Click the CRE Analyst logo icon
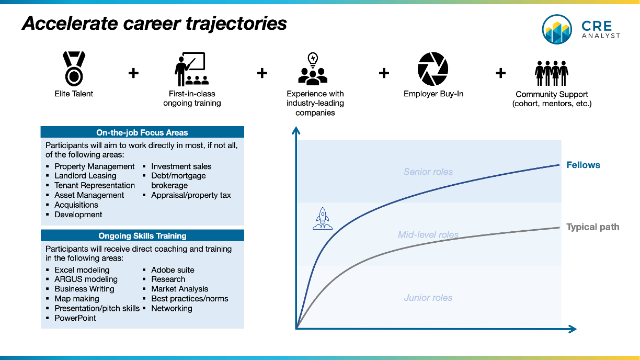coord(557,29)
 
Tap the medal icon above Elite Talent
coord(73,69)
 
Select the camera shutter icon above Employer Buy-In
coord(433,69)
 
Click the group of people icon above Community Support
coord(551,72)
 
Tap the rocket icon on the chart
coord(323,218)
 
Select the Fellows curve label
coord(583,165)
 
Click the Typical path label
coord(592,227)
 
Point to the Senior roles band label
coord(428,172)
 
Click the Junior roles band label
coord(428,298)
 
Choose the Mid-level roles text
coord(428,235)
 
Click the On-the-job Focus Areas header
coord(142,133)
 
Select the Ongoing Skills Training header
coord(142,236)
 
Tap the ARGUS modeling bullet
coord(86,279)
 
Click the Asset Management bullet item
coord(89,195)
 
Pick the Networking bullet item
coord(172,308)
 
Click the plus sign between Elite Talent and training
coord(133,73)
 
